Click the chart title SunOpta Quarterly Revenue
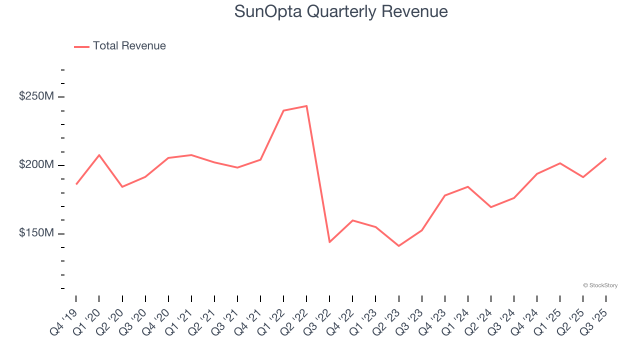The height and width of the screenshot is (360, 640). (x=341, y=11)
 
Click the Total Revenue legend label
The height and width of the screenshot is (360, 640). (x=129, y=46)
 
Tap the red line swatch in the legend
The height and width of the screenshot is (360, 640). (x=81, y=46)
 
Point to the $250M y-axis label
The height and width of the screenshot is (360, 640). (x=36, y=96)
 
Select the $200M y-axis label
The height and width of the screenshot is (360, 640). (x=36, y=165)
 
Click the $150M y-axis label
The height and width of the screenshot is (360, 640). (x=36, y=233)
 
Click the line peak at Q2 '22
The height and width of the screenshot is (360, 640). (x=306, y=106)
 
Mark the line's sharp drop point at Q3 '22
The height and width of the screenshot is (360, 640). (x=329, y=242)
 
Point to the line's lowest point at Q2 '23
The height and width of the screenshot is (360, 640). (x=398, y=246)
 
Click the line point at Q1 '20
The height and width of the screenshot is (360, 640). (x=99, y=155)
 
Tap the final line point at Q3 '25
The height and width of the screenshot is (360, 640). (x=606, y=158)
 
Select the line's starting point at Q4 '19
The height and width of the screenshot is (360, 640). (x=76, y=184)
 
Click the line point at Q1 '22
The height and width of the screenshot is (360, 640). (x=283, y=110)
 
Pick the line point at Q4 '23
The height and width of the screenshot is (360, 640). (x=444, y=195)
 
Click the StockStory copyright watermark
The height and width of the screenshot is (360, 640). (x=600, y=285)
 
